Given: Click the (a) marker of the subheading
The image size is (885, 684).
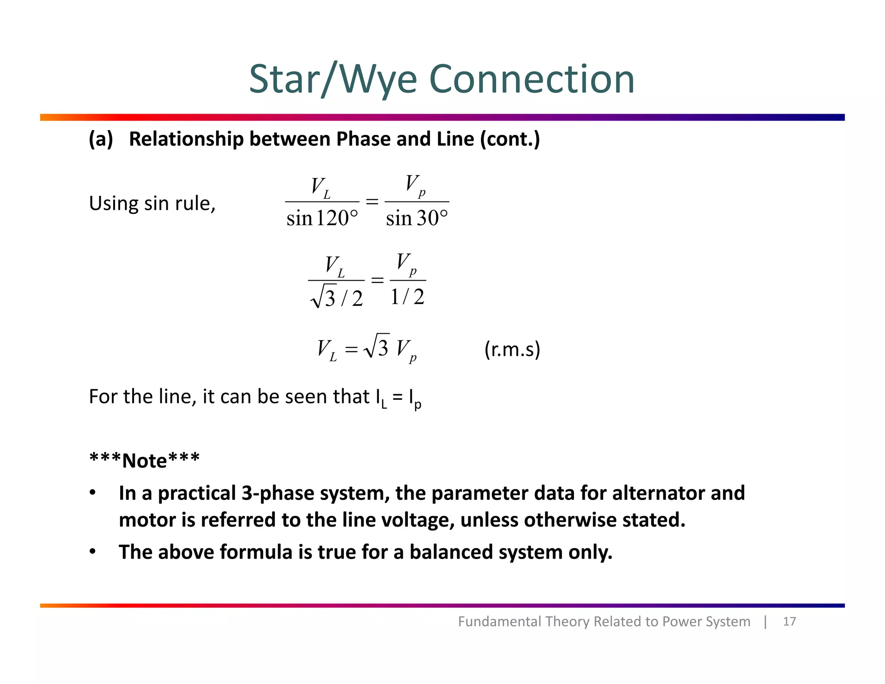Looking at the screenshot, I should click(101, 139).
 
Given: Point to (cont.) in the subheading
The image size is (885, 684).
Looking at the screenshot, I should click(510, 139).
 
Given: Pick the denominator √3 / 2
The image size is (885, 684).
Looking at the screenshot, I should click(337, 297).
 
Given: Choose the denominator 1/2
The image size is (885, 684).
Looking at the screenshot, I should click(407, 297).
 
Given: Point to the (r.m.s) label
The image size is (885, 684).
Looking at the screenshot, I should click(512, 349).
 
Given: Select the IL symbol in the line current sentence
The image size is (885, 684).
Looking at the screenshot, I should click(381, 398).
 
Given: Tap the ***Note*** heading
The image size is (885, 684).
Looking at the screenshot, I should click(144, 460).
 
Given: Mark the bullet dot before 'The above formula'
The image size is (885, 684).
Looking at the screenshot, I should click(92, 552).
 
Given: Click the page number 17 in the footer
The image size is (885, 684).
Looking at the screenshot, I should click(789, 621).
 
